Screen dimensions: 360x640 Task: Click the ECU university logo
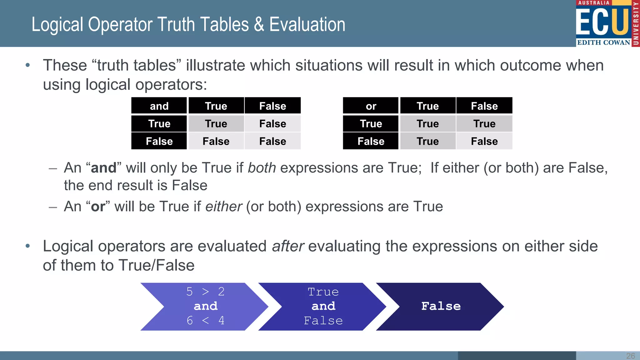pyautogui.click(x=607, y=23)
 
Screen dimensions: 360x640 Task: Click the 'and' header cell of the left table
pyautogui.click(x=159, y=106)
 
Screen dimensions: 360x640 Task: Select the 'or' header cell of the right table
pyautogui.click(x=371, y=106)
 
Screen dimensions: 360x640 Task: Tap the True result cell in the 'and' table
pyautogui.click(x=216, y=124)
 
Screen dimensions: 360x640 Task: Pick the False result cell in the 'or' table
pyautogui.click(x=484, y=141)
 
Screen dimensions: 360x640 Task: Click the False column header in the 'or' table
pyautogui.click(x=484, y=106)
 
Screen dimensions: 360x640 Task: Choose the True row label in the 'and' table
pyautogui.click(x=159, y=124)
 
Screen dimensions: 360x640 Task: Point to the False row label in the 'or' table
pyautogui.click(x=371, y=141)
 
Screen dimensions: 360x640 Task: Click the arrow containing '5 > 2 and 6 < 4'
pyautogui.click(x=205, y=306)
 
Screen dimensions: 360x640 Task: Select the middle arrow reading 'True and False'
pyautogui.click(x=323, y=306)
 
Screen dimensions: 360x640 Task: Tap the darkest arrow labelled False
pyautogui.click(x=441, y=306)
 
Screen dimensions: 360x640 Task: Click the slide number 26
pyautogui.click(x=630, y=356)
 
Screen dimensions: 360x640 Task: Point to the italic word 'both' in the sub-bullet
pyautogui.click(x=262, y=168)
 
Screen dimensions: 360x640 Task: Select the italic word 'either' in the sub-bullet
pyautogui.click(x=223, y=207)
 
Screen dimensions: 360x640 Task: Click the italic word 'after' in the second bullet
pyautogui.click(x=287, y=246)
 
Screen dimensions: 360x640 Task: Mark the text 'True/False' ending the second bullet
pyautogui.click(x=157, y=265)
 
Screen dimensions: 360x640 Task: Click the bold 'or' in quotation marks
pyautogui.click(x=98, y=207)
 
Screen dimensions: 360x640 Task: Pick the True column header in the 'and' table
pyautogui.click(x=216, y=106)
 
